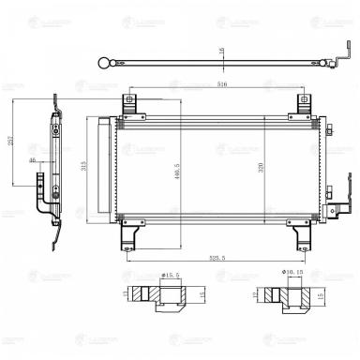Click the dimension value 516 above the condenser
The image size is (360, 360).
[221, 83]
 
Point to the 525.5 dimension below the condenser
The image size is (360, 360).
[218, 258]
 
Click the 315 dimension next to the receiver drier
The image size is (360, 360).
[84, 168]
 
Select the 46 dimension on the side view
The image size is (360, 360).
[33, 162]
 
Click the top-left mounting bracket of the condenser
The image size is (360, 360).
[128, 104]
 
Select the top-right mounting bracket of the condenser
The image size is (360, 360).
[304, 103]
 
